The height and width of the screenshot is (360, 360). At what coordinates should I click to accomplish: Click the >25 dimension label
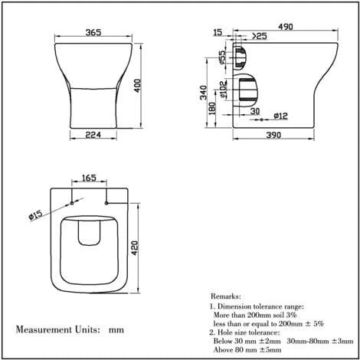(x=259, y=35)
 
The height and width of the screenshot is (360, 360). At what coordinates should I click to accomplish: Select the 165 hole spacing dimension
(x=88, y=178)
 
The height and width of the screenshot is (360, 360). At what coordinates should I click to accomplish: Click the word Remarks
(x=225, y=295)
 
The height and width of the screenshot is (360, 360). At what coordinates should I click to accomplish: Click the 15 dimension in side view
(x=218, y=33)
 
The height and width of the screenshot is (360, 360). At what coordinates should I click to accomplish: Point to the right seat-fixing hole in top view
(x=103, y=204)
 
